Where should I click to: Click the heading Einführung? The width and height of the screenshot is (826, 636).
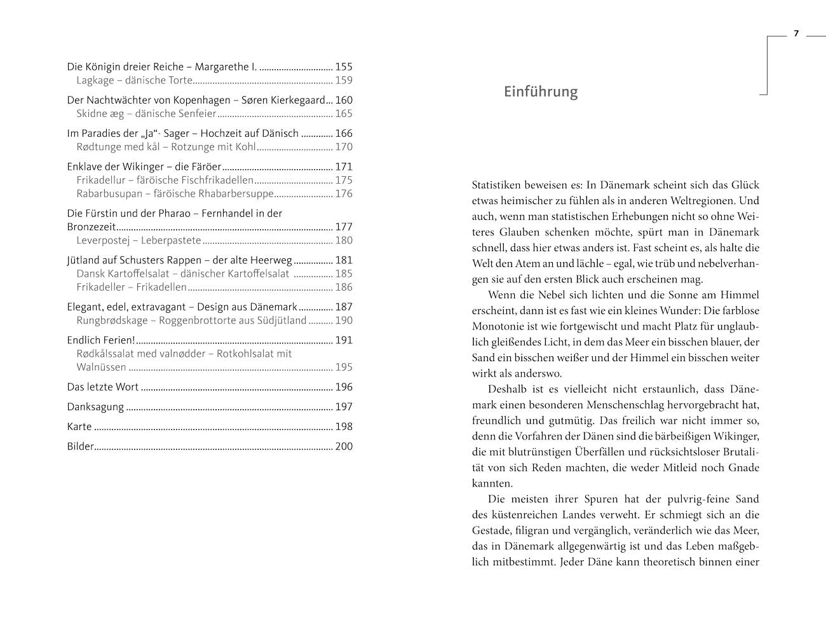tap(541, 92)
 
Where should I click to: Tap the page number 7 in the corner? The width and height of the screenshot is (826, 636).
tap(796, 34)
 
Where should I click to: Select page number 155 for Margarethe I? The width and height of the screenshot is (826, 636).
tap(343, 67)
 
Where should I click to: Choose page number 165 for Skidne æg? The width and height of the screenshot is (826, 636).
tap(343, 114)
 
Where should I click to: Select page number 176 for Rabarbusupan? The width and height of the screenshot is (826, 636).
tap(343, 194)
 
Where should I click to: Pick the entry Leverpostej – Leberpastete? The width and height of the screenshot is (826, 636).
tap(139, 240)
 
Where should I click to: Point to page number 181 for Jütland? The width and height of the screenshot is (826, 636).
tap(343, 260)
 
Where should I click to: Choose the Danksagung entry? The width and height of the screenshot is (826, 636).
tap(95, 407)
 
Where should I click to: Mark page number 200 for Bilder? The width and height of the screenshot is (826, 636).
tap(343, 446)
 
